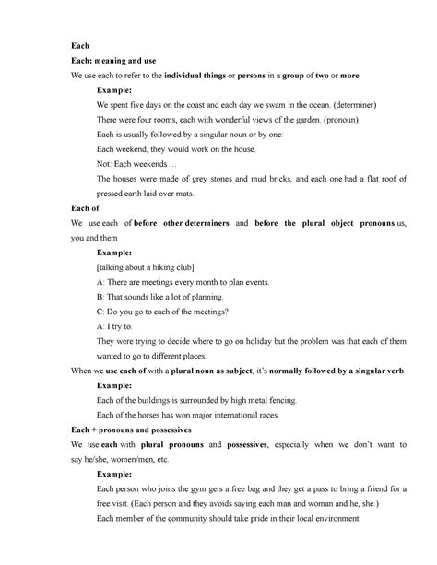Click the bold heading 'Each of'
coord(85,208)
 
